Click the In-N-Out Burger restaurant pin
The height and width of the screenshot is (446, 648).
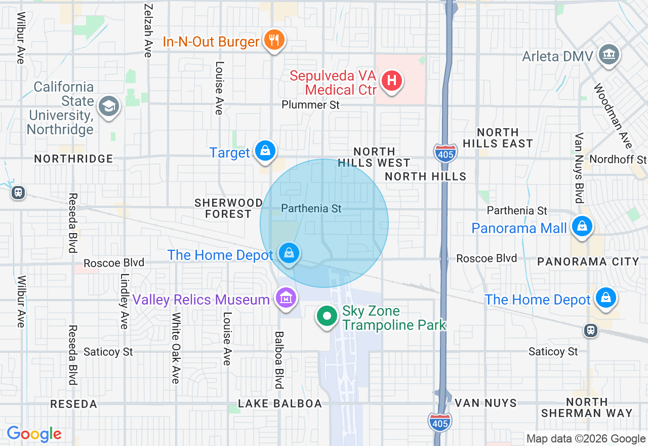click(274, 40)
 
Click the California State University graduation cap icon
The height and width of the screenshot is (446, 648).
click(109, 107)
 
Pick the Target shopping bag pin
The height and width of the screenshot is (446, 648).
click(265, 151)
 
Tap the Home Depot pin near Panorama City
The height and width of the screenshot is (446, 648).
click(606, 299)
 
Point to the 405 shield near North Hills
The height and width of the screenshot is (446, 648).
click(445, 152)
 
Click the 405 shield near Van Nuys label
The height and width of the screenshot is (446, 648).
click(439, 422)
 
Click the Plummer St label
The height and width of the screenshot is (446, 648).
click(311, 105)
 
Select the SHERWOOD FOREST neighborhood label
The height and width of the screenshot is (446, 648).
click(228, 208)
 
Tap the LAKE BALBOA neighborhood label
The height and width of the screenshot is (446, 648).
click(280, 403)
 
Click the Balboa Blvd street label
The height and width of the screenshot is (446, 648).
click(279, 360)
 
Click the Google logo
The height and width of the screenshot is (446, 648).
click(34, 434)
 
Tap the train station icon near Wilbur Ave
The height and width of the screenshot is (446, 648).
click(18, 193)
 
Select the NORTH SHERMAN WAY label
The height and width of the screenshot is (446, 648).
click(587, 407)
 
